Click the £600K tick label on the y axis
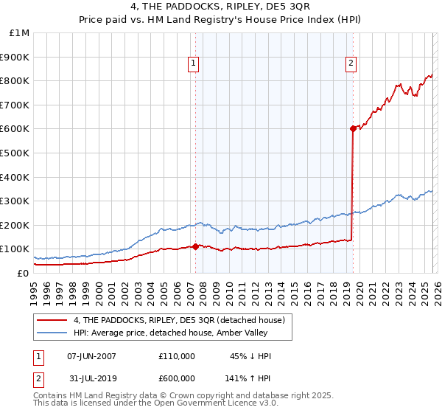click(15, 128)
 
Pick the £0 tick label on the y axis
click(23, 273)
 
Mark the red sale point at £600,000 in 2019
click(353, 128)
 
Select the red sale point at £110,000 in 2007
click(195, 246)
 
